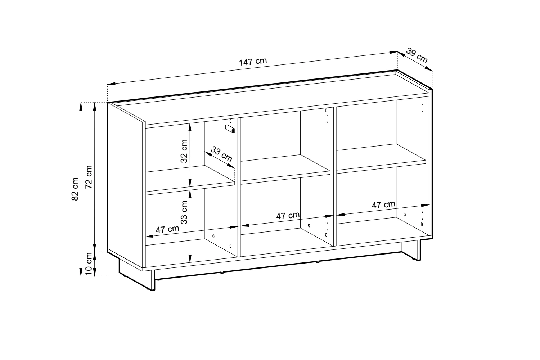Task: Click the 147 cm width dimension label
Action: [253, 62]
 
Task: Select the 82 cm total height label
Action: [75, 189]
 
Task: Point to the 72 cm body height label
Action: [89, 177]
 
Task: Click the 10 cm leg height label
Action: [89, 264]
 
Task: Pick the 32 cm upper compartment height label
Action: [184, 151]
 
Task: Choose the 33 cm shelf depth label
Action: [221, 154]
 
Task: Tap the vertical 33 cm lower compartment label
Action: [184, 212]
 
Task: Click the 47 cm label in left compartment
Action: [167, 229]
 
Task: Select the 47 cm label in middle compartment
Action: [288, 216]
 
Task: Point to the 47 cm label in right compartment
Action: [383, 205]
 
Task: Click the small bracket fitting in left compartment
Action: [230, 129]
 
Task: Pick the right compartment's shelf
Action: [381, 158]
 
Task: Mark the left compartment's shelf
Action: [190, 180]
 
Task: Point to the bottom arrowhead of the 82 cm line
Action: [81, 273]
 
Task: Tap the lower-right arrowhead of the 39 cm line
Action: [429, 69]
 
